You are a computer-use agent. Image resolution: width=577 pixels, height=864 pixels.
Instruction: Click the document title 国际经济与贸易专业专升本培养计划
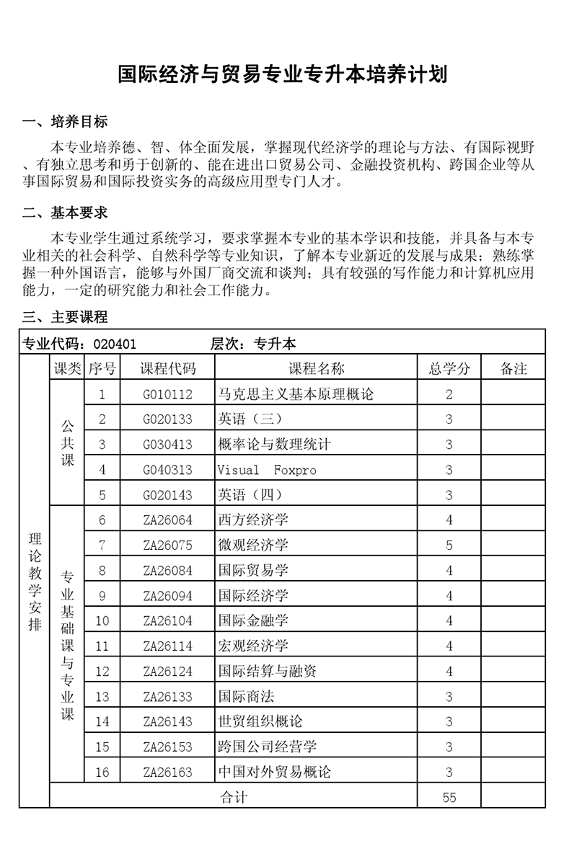pyautogui.click(x=283, y=74)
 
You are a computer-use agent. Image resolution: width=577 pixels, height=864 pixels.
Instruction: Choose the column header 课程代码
pyautogui.click(x=168, y=369)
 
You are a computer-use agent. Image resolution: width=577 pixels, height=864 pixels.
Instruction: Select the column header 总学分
pyautogui.click(x=449, y=369)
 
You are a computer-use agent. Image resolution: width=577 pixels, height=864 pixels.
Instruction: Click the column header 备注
pyautogui.click(x=513, y=369)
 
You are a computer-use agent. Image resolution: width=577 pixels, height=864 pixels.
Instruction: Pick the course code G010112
pyautogui.click(x=168, y=394)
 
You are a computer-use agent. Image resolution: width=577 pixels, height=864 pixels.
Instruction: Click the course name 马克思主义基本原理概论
pyautogui.click(x=296, y=394)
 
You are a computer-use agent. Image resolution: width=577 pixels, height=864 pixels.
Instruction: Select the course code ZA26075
pyautogui.click(x=168, y=545)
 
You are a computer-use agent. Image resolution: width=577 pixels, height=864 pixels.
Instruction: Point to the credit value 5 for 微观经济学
pyautogui.click(x=449, y=545)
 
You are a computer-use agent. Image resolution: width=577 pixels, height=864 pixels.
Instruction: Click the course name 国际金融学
pyautogui.click(x=253, y=621)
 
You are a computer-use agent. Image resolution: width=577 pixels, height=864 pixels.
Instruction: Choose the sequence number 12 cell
pyautogui.click(x=102, y=672)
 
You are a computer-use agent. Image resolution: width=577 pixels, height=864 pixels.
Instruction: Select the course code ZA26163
pyautogui.click(x=168, y=772)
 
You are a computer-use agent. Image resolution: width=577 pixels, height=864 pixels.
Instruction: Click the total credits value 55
pyautogui.click(x=449, y=797)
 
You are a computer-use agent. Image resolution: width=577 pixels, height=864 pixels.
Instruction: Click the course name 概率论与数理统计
pyautogui.click(x=274, y=445)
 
